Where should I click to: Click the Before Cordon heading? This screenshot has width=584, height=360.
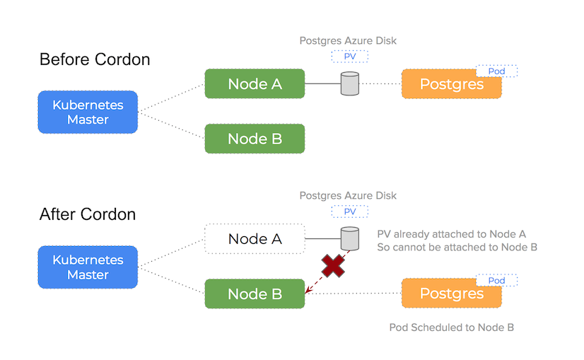coord(95,59)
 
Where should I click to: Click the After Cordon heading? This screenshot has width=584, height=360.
coord(88,214)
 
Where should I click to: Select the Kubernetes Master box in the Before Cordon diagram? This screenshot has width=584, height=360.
coord(87,112)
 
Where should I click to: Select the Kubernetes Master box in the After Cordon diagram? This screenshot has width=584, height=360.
coord(87,267)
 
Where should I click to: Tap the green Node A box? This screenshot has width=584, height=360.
coord(255,84)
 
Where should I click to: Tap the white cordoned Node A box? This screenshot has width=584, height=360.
coord(255,239)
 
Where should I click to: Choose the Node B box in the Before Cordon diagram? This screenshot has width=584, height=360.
coord(255,139)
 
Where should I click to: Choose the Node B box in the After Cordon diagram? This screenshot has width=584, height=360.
coord(255,294)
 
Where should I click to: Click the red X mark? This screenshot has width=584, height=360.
coord(332,266)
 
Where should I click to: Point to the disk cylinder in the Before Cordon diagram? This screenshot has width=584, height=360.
coord(349,84)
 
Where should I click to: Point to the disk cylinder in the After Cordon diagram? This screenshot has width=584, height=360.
coord(349,238)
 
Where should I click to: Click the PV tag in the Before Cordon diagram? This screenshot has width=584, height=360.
coord(349,57)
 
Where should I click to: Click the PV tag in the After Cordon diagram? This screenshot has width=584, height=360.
coord(349,211)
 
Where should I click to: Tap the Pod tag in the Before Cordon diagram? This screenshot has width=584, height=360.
coord(496,71)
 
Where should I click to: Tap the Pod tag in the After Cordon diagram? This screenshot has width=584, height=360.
coord(496,281)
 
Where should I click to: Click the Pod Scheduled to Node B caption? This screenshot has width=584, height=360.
coord(451,327)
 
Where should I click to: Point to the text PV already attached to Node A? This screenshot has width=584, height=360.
coord(451,234)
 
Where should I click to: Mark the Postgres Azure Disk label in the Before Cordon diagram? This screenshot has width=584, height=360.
coord(348,41)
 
